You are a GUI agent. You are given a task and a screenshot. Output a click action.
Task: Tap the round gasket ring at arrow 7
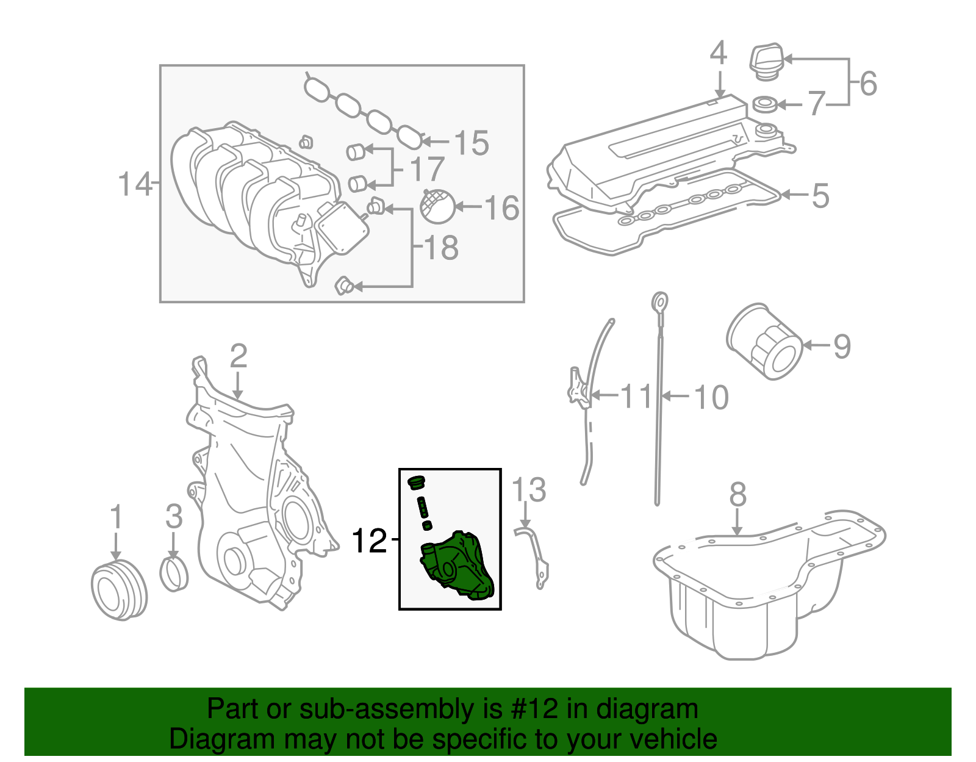pos(765,104)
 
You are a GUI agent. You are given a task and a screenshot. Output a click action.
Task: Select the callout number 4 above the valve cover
pos(719,53)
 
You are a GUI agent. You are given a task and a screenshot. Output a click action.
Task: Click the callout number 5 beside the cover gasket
pos(820,196)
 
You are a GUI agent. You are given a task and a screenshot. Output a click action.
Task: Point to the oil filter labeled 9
pos(764,342)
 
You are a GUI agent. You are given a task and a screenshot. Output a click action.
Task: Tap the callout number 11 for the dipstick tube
pos(636,397)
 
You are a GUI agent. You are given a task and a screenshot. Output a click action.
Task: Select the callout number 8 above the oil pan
pos(737,494)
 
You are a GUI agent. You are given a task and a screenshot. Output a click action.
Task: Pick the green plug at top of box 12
pos(416,483)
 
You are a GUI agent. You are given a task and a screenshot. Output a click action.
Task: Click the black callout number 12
pos(369,541)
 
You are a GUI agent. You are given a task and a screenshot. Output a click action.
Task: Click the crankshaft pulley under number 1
pos(119,590)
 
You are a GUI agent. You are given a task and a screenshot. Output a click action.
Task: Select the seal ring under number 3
pos(174,573)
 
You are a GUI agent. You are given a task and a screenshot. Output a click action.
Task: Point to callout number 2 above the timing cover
pos(238,356)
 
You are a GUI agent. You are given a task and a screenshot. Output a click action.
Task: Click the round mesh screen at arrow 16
pos(438,206)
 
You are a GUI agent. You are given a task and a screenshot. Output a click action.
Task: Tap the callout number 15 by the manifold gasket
pos(472,143)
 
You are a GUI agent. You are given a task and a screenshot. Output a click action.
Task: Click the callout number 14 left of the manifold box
pos(134,184)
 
